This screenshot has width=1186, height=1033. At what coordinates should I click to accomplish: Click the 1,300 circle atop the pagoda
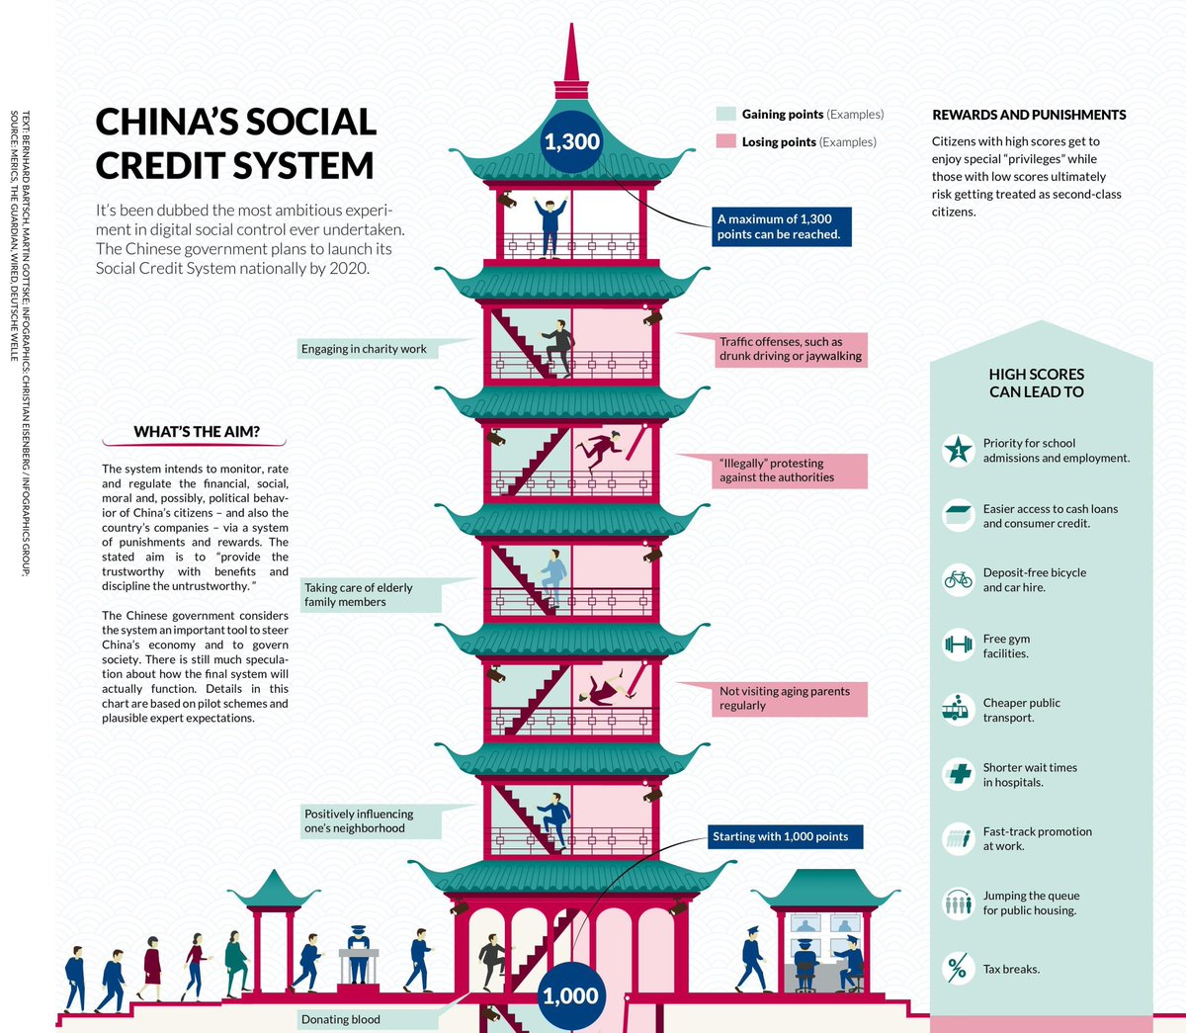[571, 141]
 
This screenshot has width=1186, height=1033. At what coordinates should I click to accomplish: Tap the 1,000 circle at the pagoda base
[571, 995]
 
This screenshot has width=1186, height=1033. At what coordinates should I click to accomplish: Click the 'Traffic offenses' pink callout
[791, 349]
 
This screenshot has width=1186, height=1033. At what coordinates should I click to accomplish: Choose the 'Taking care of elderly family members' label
[359, 594]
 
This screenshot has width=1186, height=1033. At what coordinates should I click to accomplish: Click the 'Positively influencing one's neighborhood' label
[359, 820]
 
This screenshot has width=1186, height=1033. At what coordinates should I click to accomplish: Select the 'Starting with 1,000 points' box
[781, 836]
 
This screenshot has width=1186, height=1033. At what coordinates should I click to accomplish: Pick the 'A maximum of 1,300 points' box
[779, 226]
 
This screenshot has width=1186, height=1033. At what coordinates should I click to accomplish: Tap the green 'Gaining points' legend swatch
[726, 115]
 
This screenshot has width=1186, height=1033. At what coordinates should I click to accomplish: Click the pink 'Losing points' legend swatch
[726, 141]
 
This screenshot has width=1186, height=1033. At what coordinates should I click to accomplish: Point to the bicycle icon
[958, 579]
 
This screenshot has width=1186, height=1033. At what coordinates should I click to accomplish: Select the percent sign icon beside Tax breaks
[958, 969]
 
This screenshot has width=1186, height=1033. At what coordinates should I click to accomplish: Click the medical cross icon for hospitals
[958, 773]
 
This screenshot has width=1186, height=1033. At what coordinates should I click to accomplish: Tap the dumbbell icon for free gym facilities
[958, 646]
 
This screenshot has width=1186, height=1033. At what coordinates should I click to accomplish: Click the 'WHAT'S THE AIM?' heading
[197, 432]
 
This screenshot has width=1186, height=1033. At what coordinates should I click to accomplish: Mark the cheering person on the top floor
[549, 226]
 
